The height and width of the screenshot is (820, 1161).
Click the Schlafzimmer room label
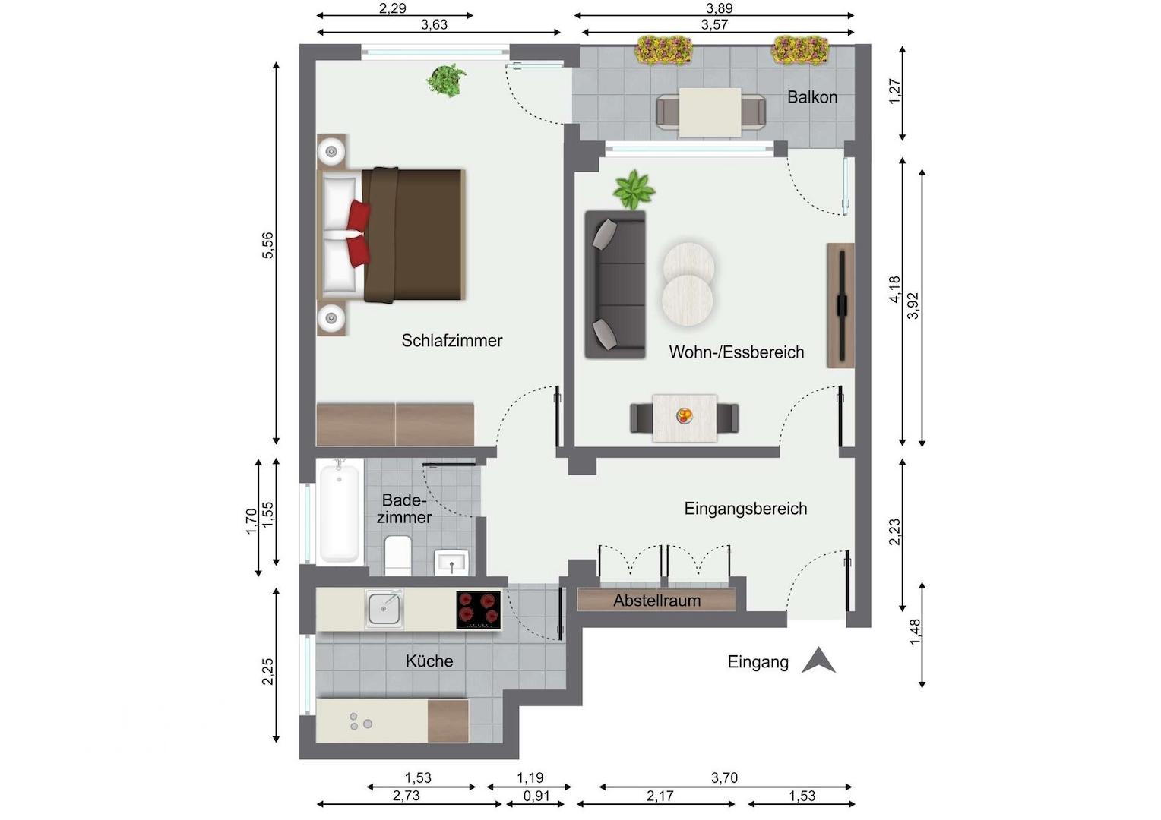[x=451, y=340]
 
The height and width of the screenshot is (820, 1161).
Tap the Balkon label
[x=811, y=97]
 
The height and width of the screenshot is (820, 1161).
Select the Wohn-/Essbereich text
[x=736, y=352]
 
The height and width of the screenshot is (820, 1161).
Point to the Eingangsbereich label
[x=745, y=509]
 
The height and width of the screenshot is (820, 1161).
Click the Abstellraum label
[x=656, y=601]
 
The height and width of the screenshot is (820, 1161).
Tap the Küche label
[x=429, y=661]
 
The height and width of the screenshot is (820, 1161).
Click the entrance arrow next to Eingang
[x=818, y=661]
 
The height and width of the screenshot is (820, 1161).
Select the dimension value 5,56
[x=267, y=245]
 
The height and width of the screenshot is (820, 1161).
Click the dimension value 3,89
[x=719, y=8]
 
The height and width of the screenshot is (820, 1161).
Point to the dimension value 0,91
[x=536, y=796]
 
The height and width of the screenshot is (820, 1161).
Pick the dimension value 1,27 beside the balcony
[x=895, y=91]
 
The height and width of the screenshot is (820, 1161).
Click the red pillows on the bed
[x=358, y=234]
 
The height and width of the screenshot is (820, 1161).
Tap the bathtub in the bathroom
[x=340, y=513]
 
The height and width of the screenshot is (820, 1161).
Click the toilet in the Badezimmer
[x=398, y=555]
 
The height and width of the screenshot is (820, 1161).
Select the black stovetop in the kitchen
[x=479, y=610]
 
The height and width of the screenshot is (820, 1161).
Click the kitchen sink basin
[x=384, y=609]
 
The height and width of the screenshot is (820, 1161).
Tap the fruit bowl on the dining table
[x=684, y=415]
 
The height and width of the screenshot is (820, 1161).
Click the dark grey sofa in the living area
[x=615, y=285]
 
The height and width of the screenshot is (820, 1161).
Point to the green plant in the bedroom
[x=446, y=80]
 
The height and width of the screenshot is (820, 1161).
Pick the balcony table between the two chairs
[x=710, y=112]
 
